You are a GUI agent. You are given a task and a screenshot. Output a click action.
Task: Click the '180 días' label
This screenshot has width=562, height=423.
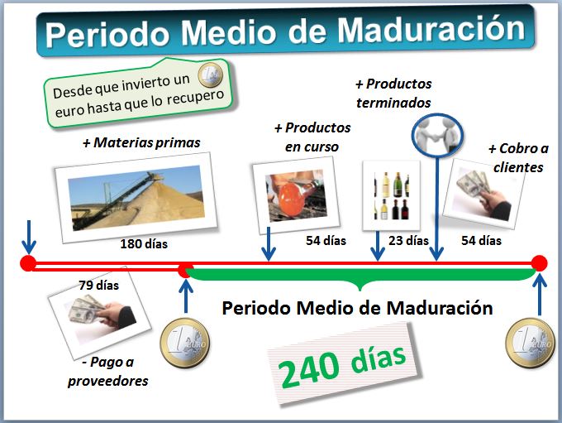pyautogui.click(x=144, y=244)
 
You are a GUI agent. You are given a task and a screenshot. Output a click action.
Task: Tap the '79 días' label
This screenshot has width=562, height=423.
pyautogui.click(x=99, y=285)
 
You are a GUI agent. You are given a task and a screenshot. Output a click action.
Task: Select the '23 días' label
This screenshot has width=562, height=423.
pyautogui.click(x=408, y=240)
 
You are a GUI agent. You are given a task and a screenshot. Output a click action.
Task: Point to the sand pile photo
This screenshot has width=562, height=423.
pyautogui.click(x=136, y=198)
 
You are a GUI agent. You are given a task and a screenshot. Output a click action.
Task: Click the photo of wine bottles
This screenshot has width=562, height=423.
pyautogui.click(x=391, y=195)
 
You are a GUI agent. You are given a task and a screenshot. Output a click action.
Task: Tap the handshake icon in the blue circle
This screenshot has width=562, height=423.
pyautogui.click(x=437, y=135)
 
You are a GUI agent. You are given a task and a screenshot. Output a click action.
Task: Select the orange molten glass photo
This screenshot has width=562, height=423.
pyautogui.click(x=296, y=195)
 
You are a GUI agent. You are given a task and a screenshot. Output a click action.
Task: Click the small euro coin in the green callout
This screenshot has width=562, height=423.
pyautogui.click(x=211, y=75)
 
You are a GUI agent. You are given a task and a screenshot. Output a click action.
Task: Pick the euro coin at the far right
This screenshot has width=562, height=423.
pyautogui.click(x=530, y=343)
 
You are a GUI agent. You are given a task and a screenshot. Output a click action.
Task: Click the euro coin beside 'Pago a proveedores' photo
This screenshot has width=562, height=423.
pyautogui.click(x=185, y=343)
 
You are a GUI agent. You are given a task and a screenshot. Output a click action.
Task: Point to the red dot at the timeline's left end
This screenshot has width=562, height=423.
pyautogui.click(x=28, y=263)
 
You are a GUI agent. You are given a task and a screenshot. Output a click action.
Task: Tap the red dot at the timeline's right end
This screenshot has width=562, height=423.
pyautogui.click(x=539, y=263)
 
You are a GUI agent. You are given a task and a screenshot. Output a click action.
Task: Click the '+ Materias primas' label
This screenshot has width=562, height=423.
pyautogui.click(x=141, y=142)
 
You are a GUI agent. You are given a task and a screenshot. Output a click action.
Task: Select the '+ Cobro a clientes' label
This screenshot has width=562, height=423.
pyautogui.click(x=518, y=157)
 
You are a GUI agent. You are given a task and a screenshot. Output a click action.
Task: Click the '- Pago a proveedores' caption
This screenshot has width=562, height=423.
pyautogui.click(x=108, y=372)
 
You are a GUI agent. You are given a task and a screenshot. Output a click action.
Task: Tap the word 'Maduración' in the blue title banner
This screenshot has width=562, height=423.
pyautogui.click(x=431, y=31)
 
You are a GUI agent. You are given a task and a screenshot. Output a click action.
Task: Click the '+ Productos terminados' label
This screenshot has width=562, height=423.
pyautogui.click(x=393, y=93)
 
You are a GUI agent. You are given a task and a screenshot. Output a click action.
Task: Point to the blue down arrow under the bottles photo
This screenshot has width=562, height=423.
pyautogui.click(x=378, y=246)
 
